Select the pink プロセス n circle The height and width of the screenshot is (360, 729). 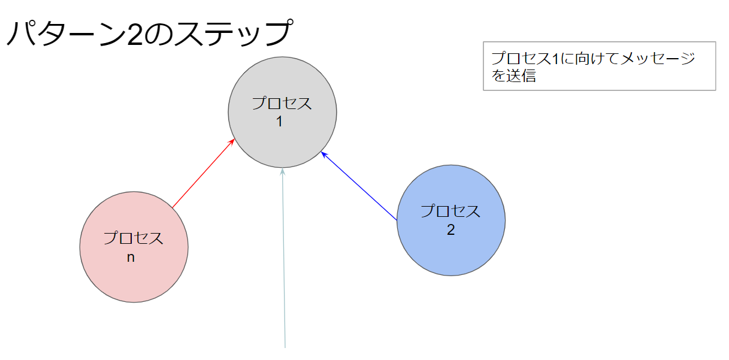pos(134,276)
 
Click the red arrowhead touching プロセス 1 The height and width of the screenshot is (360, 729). pos(231,142)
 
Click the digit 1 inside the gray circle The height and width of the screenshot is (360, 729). pos(279,122)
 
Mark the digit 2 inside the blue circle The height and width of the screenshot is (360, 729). pos(450,230)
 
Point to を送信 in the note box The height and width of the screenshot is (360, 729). pos(513,76)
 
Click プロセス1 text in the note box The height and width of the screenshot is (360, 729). pos(525,59)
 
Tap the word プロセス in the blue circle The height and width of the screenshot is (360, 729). pos(450,211)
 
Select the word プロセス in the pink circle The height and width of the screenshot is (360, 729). pos(134,238)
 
